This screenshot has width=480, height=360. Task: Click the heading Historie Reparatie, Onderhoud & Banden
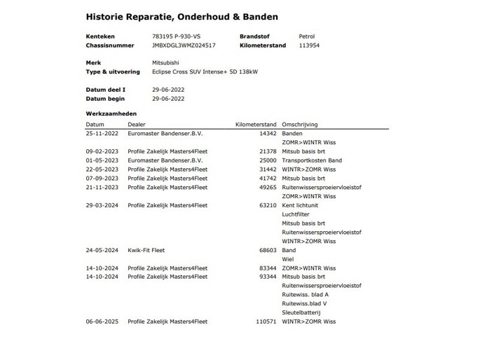click(181, 16)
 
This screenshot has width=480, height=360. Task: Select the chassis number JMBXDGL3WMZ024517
click(184, 45)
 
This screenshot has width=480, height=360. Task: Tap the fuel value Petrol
click(308, 36)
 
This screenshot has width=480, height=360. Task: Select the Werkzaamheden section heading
click(111, 113)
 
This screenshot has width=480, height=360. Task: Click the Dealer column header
click(136, 123)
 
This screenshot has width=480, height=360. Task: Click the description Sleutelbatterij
click(301, 312)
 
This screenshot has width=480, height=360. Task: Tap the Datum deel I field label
click(106, 90)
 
